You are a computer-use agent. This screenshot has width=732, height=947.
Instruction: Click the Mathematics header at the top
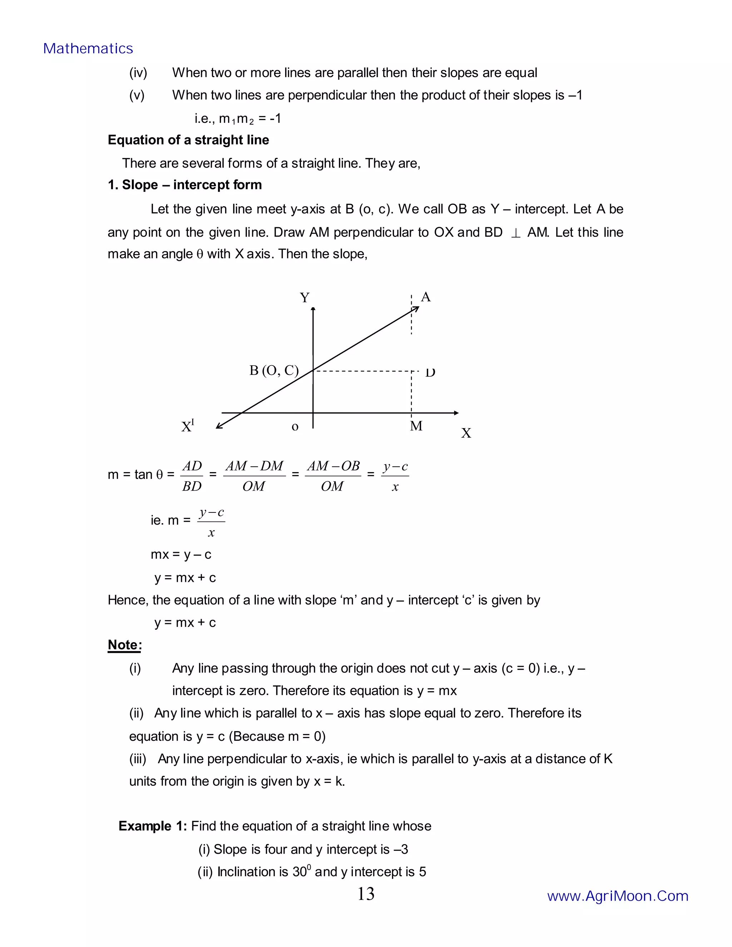pos(88,49)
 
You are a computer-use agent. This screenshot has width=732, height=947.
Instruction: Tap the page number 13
pos(366,894)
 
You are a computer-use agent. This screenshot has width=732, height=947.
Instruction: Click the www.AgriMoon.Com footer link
pos(618,896)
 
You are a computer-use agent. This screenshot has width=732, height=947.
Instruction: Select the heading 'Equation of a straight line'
pos(188,140)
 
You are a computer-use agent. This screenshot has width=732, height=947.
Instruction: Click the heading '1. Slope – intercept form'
pos(185,185)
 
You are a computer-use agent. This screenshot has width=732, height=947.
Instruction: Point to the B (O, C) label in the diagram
pos(274,370)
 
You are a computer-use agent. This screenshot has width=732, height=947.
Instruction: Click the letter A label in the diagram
pos(426,297)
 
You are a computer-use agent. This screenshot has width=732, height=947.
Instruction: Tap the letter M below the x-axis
pos(416,426)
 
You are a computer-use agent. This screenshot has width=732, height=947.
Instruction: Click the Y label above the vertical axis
pos(305,298)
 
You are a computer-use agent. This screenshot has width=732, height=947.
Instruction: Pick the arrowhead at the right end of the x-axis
pos(456,413)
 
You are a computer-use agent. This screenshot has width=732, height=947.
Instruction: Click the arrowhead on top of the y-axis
pos(313,309)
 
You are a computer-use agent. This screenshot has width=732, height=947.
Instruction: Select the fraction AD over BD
pos(192,476)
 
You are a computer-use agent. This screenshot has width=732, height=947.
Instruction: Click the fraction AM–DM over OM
pos(254,476)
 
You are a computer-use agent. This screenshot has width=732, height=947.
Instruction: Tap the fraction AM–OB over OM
pos(333,476)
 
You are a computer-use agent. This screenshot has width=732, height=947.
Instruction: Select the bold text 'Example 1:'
pos(153,826)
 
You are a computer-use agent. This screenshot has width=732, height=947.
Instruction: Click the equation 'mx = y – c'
pos(181,555)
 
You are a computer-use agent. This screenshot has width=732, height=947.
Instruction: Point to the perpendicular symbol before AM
pos(515,233)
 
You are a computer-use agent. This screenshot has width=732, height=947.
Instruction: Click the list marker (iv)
pos(138,73)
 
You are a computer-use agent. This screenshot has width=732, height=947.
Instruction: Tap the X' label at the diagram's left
pos(188,427)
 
